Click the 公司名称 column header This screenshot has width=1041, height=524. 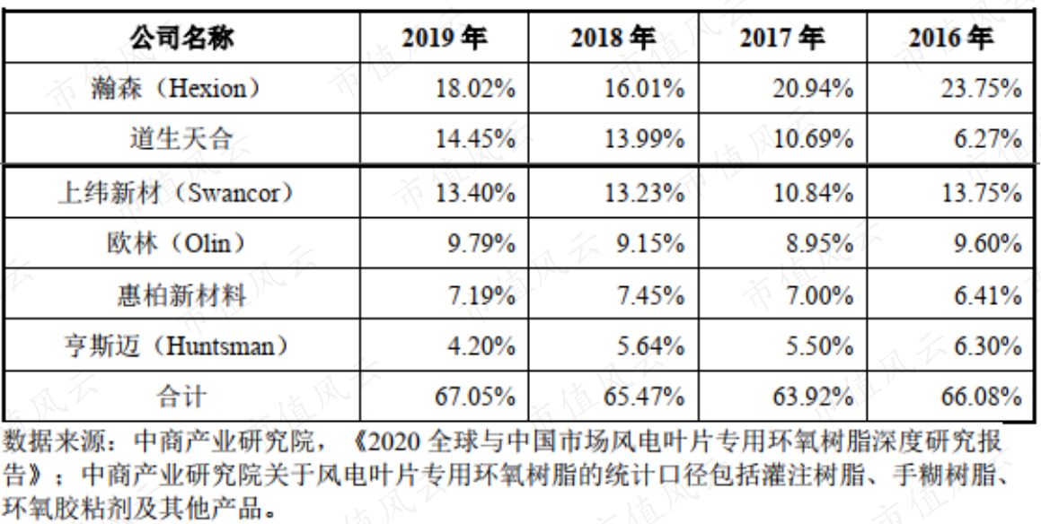(181, 38)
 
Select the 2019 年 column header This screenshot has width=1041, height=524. (444, 38)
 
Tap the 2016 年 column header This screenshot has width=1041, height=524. (951, 38)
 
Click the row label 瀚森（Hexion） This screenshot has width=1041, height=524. (181, 88)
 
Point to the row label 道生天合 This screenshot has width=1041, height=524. (181, 139)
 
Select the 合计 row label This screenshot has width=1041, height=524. (181, 397)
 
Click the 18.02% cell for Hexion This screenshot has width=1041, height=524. (475, 89)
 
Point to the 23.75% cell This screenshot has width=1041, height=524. (981, 89)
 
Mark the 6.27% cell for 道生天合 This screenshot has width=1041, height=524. (988, 139)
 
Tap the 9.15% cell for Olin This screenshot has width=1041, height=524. (650, 244)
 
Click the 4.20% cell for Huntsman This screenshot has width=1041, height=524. (482, 346)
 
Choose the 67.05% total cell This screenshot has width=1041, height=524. (475, 397)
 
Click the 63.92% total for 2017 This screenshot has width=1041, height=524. (813, 397)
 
